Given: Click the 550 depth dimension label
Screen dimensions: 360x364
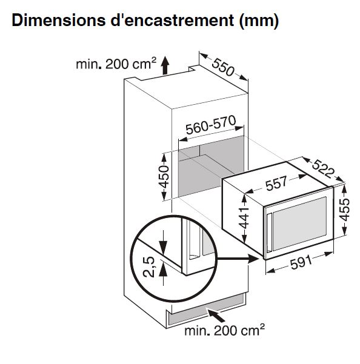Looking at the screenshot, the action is click(223, 67).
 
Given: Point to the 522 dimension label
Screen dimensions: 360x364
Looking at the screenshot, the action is click(324, 169).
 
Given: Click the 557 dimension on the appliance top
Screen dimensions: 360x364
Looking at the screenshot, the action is click(276, 183).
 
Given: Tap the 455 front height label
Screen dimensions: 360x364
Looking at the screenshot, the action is click(344, 210).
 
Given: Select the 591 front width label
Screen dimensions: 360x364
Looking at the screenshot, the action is click(301, 262).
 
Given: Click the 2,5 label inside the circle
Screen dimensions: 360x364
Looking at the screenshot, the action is click(148, 266).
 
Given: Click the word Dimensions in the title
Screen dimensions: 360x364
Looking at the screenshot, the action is click(58, 20).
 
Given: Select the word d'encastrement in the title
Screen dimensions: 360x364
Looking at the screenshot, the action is click(172, 20).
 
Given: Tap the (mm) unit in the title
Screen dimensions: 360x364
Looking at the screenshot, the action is click(259, 21).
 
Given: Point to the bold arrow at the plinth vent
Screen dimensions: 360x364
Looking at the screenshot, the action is click(216, 316).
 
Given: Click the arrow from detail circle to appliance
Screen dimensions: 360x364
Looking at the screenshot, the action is click(238, 259).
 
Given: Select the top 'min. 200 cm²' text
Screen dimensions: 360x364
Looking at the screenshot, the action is click(116, 64).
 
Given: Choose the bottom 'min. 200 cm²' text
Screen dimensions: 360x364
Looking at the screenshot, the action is click(224, 330).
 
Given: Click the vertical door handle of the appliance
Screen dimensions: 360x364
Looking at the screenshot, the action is click(269, 233).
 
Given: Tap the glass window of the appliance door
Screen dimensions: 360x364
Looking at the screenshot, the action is click(299, 223).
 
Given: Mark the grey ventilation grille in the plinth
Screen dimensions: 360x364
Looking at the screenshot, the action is click(207, 310).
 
